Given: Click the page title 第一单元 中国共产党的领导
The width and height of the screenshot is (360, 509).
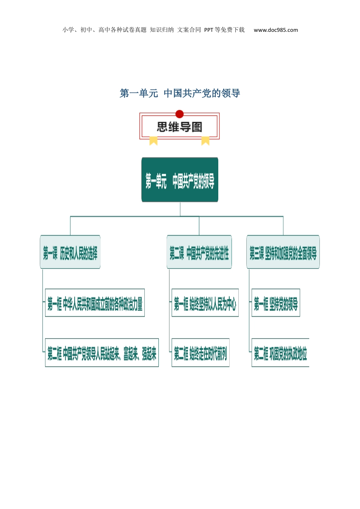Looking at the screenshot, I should pos(180,93).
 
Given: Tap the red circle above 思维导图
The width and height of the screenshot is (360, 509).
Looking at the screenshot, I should pos(180,114).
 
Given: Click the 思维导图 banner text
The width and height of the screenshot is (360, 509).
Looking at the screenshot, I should pos(180,127).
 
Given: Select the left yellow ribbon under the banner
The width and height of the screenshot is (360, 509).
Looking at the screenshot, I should pos(153,141).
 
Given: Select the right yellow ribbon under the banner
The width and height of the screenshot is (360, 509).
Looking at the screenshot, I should pos(205,141).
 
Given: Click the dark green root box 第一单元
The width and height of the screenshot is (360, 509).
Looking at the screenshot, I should pos(180,180).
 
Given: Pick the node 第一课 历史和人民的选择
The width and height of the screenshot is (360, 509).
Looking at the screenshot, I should pos(70,252).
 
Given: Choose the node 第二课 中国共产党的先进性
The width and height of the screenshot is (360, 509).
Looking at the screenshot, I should pos(199,252).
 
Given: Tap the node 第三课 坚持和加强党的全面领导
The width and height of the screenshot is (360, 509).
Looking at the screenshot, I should pos(283,252).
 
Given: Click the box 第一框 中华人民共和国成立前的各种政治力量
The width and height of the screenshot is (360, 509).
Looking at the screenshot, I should pos(95,303).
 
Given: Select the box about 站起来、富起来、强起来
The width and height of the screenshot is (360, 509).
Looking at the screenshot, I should pos(102,353).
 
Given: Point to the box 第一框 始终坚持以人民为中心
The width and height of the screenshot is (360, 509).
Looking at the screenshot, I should pos(205,303).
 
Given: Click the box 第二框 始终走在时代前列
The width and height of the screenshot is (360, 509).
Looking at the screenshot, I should pos(200,353).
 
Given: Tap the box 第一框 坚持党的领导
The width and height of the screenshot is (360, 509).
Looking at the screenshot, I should pos(276,303).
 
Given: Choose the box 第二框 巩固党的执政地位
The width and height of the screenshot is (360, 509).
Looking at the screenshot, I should pos(280,353).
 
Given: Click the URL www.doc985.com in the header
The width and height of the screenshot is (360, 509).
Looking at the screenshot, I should pos(276,30).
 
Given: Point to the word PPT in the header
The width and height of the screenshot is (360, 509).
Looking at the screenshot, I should pos(209,30).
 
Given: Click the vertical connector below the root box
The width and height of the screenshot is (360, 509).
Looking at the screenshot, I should pos(180,209).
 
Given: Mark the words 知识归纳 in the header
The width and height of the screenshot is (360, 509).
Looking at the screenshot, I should pos(162,30).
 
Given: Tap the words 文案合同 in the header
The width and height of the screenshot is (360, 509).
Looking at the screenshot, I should pos(189,30).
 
